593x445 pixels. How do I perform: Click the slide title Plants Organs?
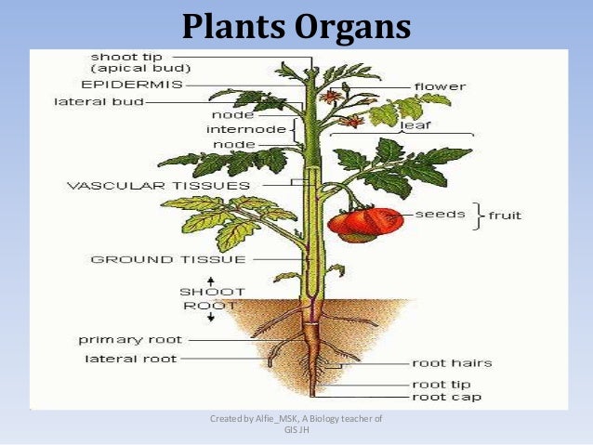pos(296,26)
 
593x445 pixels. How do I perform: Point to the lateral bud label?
pos(99,102)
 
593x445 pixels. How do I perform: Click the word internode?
pos(246,130)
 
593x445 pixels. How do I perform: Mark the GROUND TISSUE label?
pos(167,259)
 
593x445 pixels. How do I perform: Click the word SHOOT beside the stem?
pos(199,292)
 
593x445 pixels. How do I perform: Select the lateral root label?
pos(130,358)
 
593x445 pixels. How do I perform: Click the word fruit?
pos(505,216)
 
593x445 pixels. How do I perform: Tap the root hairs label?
pos(452,363)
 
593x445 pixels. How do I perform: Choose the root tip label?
pos(441,384)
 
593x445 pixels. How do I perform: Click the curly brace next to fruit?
pos(478,216)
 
